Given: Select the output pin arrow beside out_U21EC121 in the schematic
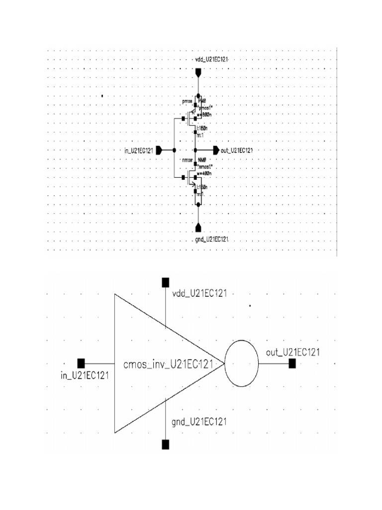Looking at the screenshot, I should (215, 150).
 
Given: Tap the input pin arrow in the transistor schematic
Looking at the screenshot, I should (159, 150).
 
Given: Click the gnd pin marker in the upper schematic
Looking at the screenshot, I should (198, 228).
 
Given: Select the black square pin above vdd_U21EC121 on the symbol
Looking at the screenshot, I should (166, 283).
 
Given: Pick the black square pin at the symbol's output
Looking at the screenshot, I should (292, 364).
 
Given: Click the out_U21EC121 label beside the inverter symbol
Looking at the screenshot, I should (292, 352).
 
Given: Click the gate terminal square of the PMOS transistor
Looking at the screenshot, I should (184, 119).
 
